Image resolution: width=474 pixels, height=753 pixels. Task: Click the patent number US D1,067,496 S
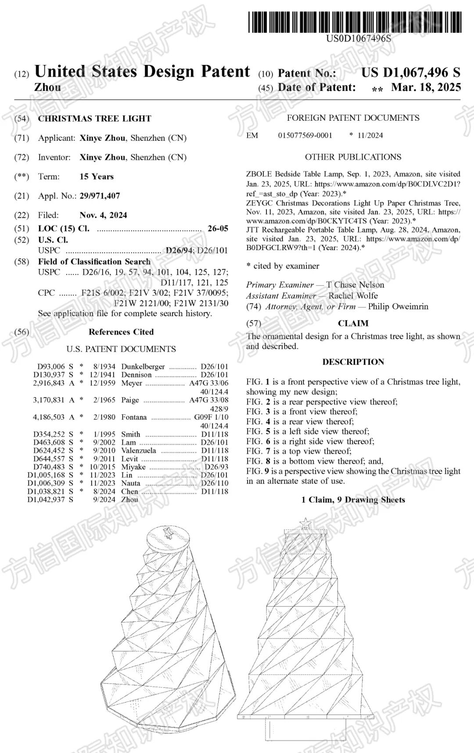click(411, 72)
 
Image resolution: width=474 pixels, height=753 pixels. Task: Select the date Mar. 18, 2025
click(426, 87)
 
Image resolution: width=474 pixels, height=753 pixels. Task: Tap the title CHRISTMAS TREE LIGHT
click(94, 118)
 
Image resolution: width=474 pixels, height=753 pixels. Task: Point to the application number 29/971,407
click(100, 196)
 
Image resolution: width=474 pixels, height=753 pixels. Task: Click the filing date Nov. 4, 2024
click(103, 215)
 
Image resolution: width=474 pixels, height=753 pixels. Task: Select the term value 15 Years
click(97, 176)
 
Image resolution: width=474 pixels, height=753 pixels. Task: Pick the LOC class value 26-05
click(218, 228)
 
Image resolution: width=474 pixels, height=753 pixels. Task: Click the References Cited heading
click(121, 332)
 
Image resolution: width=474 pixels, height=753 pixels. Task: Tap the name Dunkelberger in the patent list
click(143, 366)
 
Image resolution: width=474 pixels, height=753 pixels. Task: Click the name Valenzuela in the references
click(138, 450)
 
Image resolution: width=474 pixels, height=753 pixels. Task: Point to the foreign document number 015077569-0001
click(305, 135)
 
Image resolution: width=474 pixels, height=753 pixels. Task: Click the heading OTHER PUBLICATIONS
click(353, 157)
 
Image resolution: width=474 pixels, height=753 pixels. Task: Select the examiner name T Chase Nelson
click(355, 285)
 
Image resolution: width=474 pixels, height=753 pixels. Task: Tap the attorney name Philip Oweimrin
click(398, 306)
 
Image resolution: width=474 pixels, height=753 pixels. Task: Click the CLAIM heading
click(353, 323)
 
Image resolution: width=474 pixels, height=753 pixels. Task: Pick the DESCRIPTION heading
click(353, 362)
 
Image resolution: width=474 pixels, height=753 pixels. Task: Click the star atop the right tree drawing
click(305, 523)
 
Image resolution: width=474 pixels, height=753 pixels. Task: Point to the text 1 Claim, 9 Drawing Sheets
click(353, 500)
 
